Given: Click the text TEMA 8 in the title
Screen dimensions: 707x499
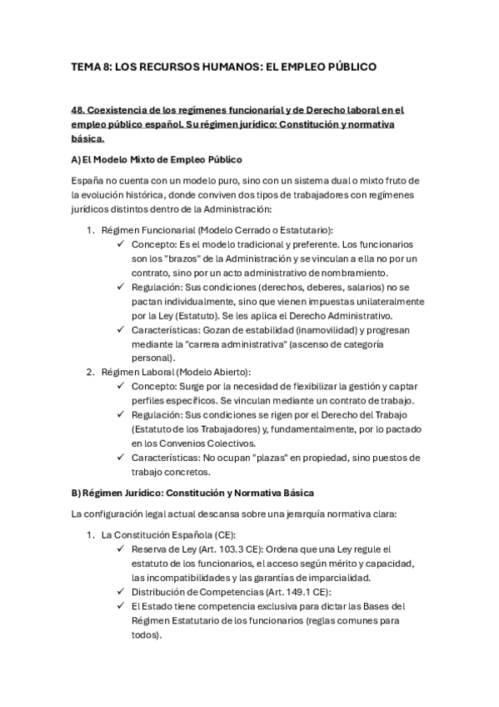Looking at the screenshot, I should tap(91, 65).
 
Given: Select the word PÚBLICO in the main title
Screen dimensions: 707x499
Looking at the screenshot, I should tap(347, 65).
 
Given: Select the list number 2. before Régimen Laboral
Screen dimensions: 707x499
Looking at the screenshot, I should tap(92, 373).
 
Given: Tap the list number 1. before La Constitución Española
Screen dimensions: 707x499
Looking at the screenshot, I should tap(92, 534).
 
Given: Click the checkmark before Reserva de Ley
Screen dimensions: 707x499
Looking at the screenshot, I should tap(122, 549).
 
